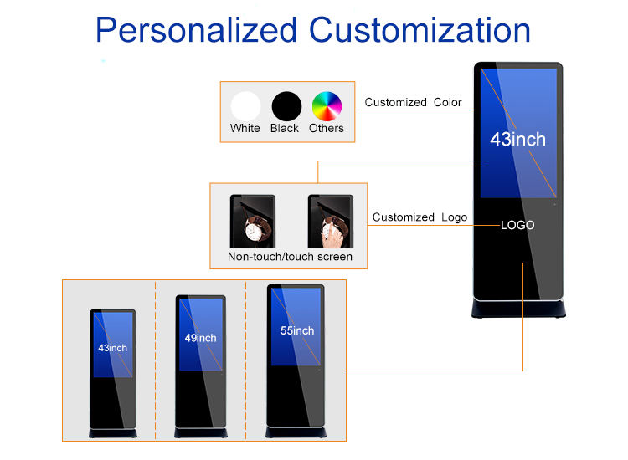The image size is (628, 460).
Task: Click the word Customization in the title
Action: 420,30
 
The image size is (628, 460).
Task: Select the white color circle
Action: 245,106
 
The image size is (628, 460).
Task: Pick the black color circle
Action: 286,106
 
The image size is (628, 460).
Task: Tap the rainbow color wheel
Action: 327,106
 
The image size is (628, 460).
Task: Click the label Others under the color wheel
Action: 327,129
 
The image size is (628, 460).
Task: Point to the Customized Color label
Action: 413,102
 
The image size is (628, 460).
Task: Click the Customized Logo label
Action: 420,217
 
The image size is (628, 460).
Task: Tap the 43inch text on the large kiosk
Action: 517,140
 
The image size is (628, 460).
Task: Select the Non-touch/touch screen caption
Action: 290,257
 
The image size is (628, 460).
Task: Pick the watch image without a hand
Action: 252,221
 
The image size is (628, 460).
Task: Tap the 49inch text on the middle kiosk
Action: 200,338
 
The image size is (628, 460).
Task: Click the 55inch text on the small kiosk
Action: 297,331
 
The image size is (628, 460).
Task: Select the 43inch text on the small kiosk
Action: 112,347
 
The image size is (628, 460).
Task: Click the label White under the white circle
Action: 245,129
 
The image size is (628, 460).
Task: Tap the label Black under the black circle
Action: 285,129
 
